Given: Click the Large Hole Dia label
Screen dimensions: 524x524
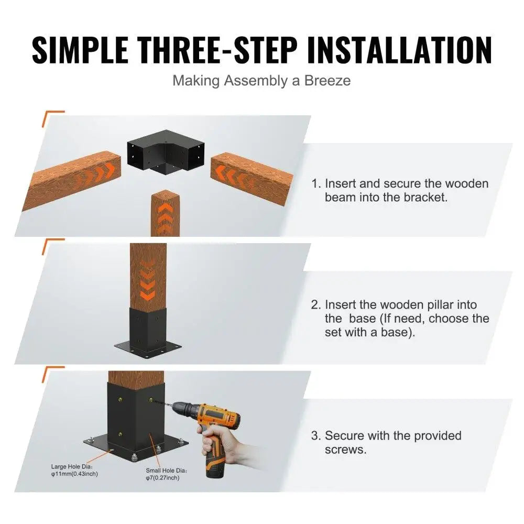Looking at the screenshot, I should click(74, 470).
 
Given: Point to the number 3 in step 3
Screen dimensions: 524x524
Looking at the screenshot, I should click(315, 436).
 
